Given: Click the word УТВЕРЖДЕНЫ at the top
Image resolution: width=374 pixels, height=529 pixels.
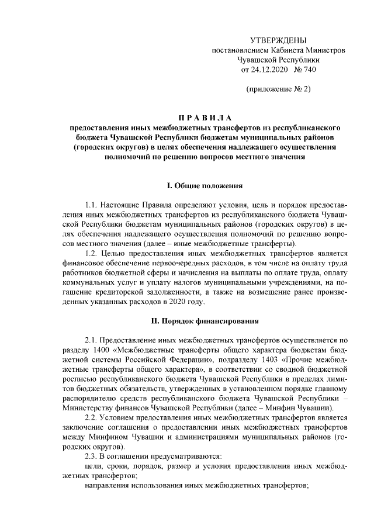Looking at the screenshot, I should (278, 40).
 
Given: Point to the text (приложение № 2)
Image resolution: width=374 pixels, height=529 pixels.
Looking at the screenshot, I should (278, 89).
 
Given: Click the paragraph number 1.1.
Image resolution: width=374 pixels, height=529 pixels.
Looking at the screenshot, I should (92, 206).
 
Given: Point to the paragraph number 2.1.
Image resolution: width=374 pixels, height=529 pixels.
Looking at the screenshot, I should (92, 341).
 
